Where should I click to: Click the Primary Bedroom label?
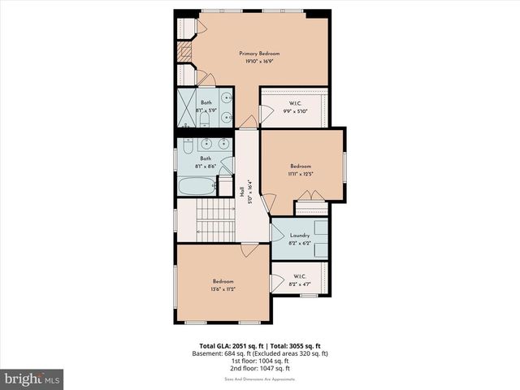click(x=259, y=53)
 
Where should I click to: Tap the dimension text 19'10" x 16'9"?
click(x=259, y=61)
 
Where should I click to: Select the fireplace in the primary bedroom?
click(x=184, y=54)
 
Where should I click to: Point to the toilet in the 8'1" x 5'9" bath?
click(x=205, y=120)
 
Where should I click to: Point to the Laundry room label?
click(x=299, y=235)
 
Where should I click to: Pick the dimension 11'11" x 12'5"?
click(x=300, y=173)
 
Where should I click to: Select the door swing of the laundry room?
click(x=275, y=236)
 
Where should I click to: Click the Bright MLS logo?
click(x=32, y=379)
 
